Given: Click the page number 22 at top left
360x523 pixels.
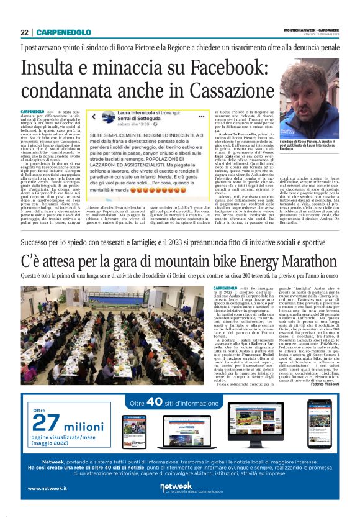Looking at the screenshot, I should pos(24,32).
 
